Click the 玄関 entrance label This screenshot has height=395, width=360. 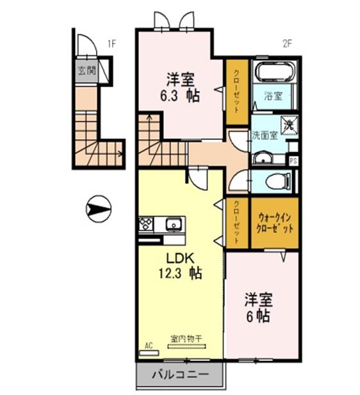[x=86, y=70]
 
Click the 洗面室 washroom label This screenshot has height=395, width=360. [x=263, y=135]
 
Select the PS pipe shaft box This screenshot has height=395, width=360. [x=293, y=162]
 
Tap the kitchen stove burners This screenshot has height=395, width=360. [x=145, y=224]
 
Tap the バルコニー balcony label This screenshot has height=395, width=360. [x=181, y=374]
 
